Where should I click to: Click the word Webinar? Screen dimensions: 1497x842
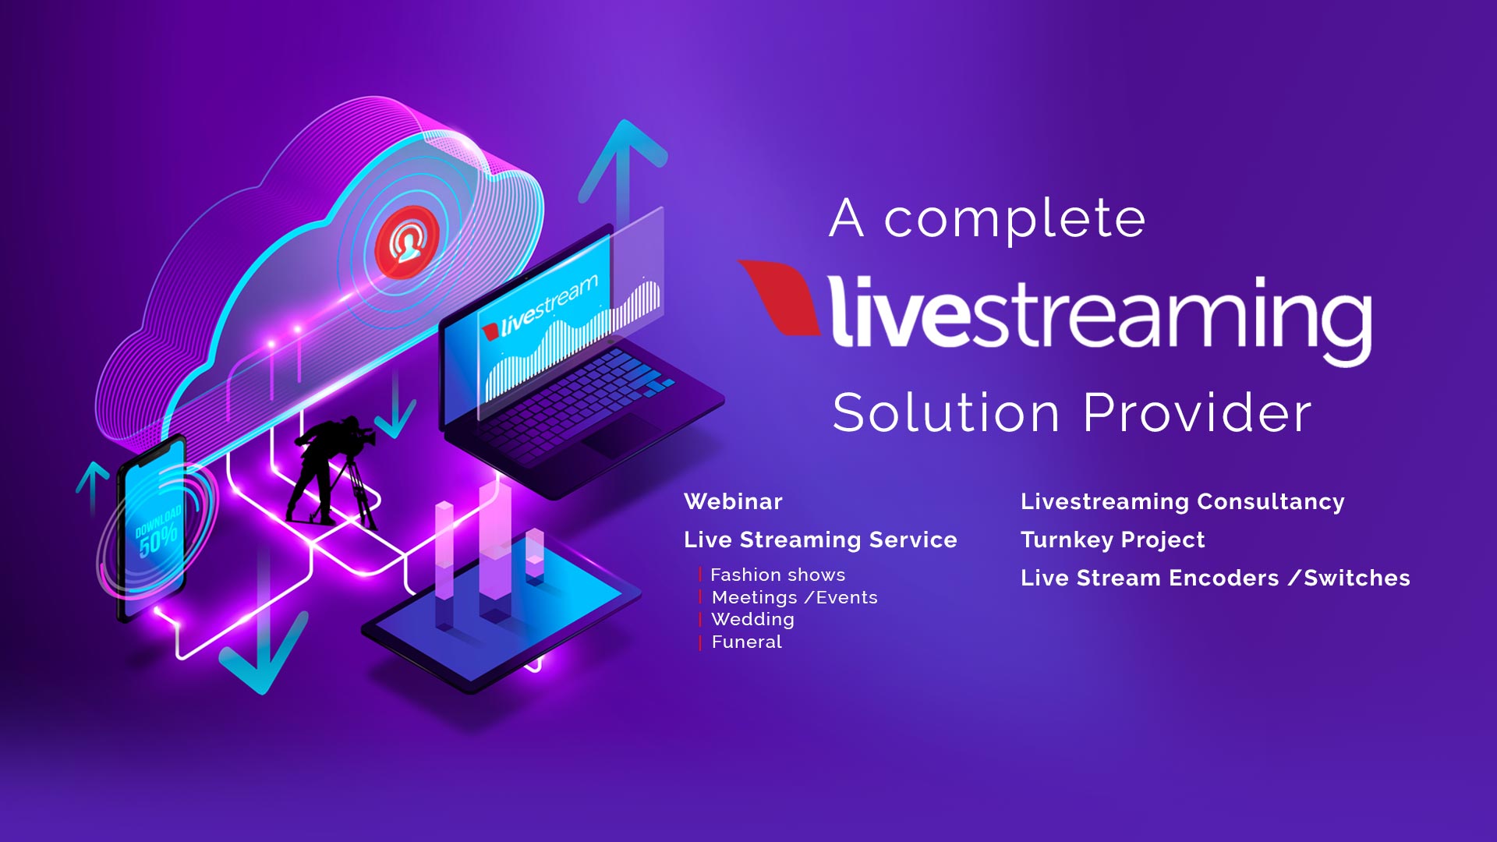pos(733,501)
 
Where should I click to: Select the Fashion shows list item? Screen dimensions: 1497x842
pos(777,575)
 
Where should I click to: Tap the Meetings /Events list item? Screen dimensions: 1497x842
pos(795,597)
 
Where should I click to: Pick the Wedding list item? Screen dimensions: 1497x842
pos(752,620)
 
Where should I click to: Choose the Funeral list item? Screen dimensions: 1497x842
pos(746,642)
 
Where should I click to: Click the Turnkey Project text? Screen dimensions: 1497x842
pos(1113,540)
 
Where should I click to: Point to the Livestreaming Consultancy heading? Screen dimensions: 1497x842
pos(1182,501)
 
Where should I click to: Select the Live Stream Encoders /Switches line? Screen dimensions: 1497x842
pos(1215,578)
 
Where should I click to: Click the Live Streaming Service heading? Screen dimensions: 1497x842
pos(820,540)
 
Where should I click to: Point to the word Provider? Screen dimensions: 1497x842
pos(1197,412)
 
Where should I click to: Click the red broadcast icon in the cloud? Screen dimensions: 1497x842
pos(406,243)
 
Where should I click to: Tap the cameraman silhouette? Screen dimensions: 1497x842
pos(331,472)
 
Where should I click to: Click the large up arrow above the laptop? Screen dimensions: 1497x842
pos(623,175)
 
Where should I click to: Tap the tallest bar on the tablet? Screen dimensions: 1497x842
pos(495,550)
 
